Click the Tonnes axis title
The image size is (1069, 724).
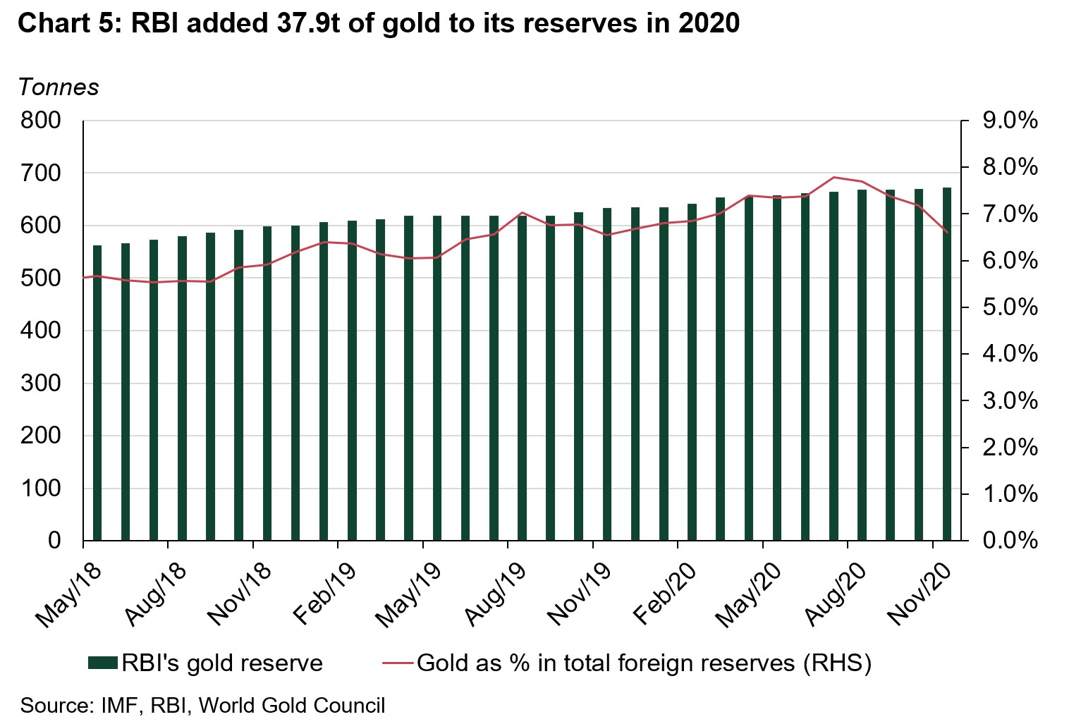[x=59, y=87]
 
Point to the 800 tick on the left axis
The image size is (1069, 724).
[x=41, y=121]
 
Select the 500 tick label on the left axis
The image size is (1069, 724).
[x=41, y=278]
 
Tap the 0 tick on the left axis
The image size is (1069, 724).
[x=54, y=541]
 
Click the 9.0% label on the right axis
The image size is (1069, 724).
[x=1009, y=121]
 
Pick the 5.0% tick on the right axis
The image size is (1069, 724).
[x=1009, y=307]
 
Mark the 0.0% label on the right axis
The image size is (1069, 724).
[x=1009, y=541]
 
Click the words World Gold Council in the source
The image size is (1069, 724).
[x=292, y=706]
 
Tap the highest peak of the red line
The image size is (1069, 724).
[x=834, y=177]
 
